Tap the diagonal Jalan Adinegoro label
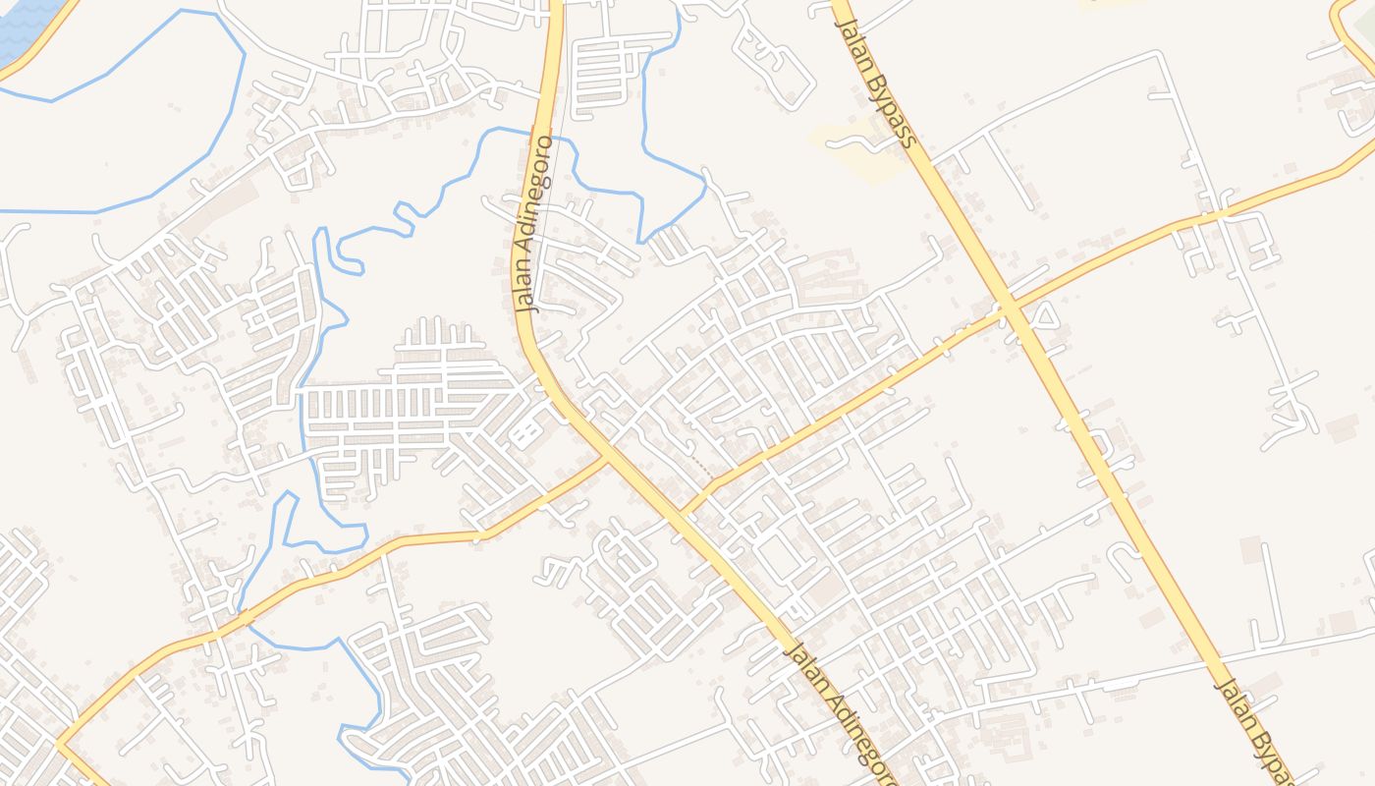[x=842, y=713]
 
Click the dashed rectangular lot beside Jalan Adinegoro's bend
[x=526, y=429]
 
